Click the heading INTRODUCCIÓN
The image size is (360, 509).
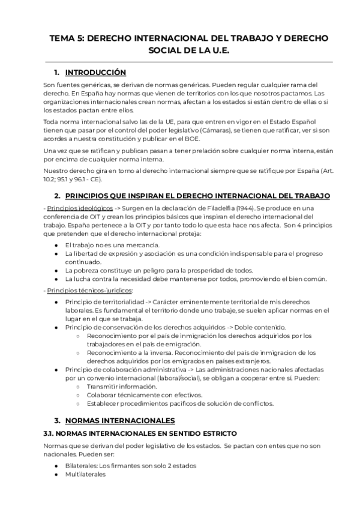tap(95, 73)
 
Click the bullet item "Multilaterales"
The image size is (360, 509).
tap(85, 474)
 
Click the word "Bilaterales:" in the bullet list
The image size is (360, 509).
tap(82, 466)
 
